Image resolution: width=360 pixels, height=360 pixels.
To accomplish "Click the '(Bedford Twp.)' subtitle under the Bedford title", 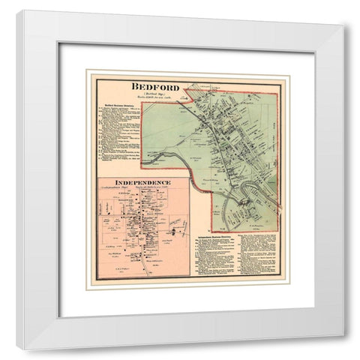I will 153,93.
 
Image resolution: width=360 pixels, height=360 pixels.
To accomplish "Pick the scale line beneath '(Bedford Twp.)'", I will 153,98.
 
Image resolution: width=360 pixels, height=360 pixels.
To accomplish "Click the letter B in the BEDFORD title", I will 133,85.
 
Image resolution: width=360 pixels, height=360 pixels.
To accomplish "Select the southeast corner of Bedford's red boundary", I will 279,228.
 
